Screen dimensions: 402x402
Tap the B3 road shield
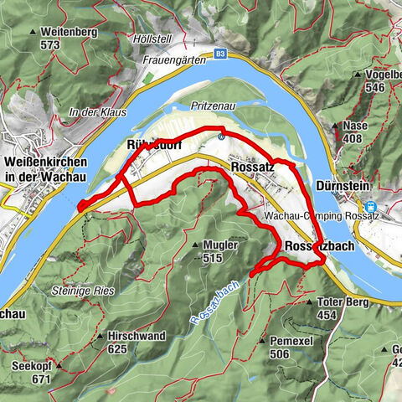pyautogui.click(x=220, y=52)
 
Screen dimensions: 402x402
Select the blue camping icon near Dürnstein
pyautogui.click(x=369, y=207)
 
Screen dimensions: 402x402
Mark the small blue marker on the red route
pyautogui.click(x=219, y=136)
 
